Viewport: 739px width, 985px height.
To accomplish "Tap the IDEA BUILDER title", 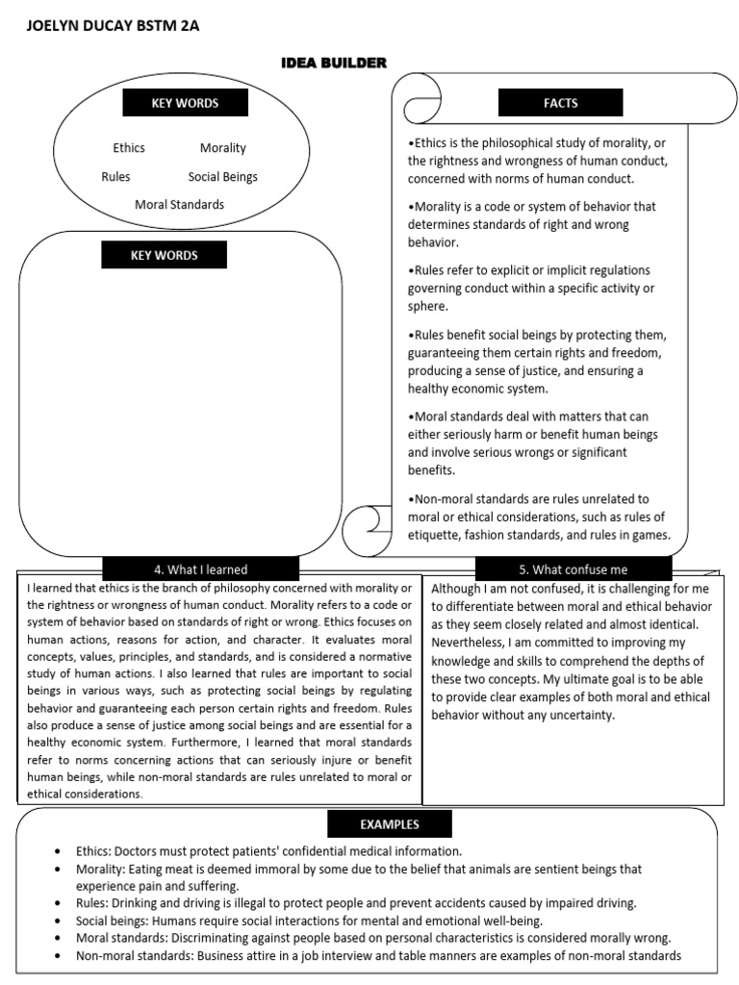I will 333,63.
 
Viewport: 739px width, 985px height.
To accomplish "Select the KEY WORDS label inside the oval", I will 185,103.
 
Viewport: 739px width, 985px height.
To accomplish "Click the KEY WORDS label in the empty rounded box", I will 164,255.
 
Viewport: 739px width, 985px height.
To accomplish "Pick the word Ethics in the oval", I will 129,148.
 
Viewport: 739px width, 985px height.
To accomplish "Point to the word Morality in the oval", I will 222,148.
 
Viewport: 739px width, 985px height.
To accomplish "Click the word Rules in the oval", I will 115,177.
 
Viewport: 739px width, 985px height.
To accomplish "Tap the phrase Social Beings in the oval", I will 222,177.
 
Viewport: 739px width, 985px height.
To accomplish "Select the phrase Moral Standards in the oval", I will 179,205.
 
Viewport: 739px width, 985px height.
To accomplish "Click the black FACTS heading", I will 560,102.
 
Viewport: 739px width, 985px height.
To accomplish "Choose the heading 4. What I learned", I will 200,569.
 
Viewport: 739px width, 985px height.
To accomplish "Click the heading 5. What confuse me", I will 573,569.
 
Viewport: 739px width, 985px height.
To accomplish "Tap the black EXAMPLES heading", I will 390,824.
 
